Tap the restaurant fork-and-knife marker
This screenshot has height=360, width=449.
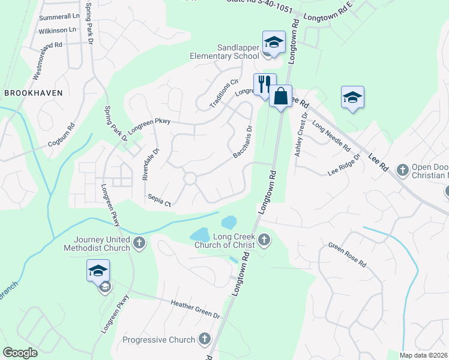265,84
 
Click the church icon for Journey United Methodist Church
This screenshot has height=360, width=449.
139,243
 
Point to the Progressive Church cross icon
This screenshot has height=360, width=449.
205,340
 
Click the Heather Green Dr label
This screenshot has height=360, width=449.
196,310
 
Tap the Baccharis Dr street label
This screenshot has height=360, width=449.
243,142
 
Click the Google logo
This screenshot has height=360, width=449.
20,353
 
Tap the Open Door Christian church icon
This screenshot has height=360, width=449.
403,170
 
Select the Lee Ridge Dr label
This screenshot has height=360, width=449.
344,164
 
